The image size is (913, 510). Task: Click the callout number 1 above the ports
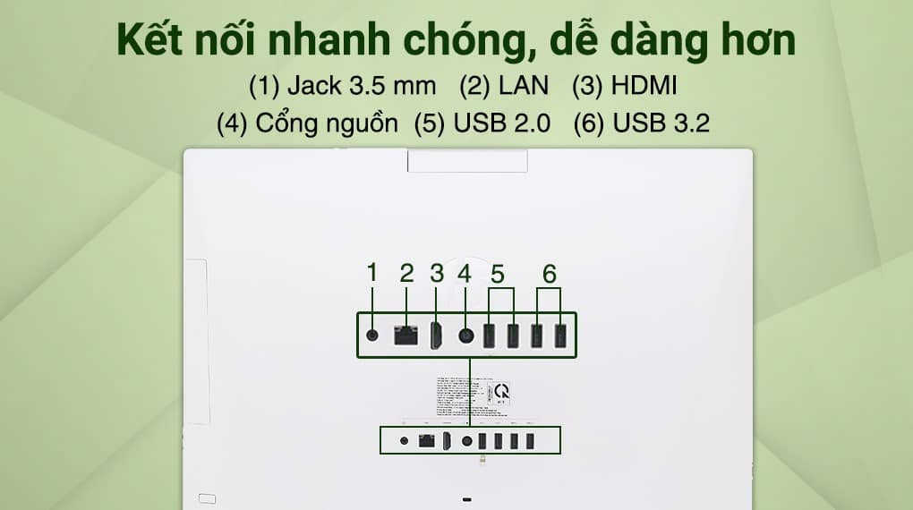[372, 273]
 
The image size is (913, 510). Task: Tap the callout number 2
[406, 273]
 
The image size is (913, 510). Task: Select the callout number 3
[437, 273]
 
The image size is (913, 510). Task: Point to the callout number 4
[464, 273]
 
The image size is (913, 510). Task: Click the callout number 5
[499, 272]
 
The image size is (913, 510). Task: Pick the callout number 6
[549, 272]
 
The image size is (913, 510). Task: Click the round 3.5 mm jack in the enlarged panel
[373, 336]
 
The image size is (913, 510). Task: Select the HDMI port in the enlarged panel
[437, 336]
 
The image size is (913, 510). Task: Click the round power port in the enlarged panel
[465, 336]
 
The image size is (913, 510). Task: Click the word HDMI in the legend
[644, 87]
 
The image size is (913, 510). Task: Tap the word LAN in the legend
[526, 87]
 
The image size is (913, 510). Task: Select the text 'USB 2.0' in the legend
[502, 123]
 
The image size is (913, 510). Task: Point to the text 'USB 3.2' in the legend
[661, 123]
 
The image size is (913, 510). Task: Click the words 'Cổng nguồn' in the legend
[327, 123]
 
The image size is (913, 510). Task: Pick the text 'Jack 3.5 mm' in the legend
[362, 87]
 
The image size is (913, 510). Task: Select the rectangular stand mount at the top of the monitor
[466, 160]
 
